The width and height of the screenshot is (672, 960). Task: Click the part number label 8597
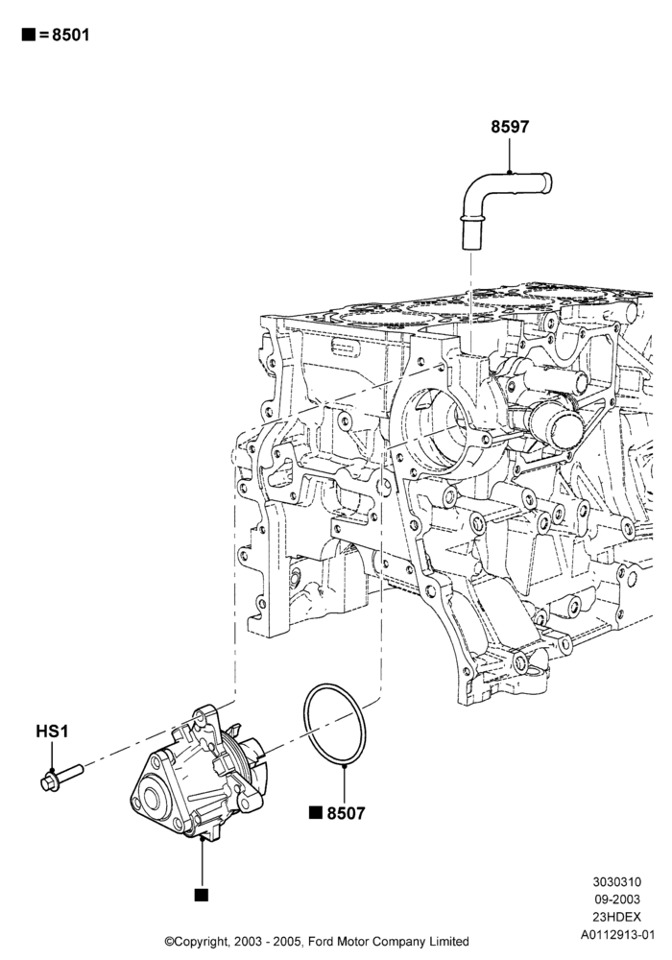[x=509, y=127]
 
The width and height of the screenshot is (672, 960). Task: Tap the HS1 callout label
[x=52, y=731]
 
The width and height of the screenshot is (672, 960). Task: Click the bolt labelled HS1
[x=61, y=776]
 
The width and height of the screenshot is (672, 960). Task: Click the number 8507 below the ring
[x=346, y=813]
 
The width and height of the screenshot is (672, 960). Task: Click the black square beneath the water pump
[x=201, y=895]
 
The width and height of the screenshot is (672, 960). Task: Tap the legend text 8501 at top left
[x=70, y=35]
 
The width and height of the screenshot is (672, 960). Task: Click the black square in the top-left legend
[x=28, y=35]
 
